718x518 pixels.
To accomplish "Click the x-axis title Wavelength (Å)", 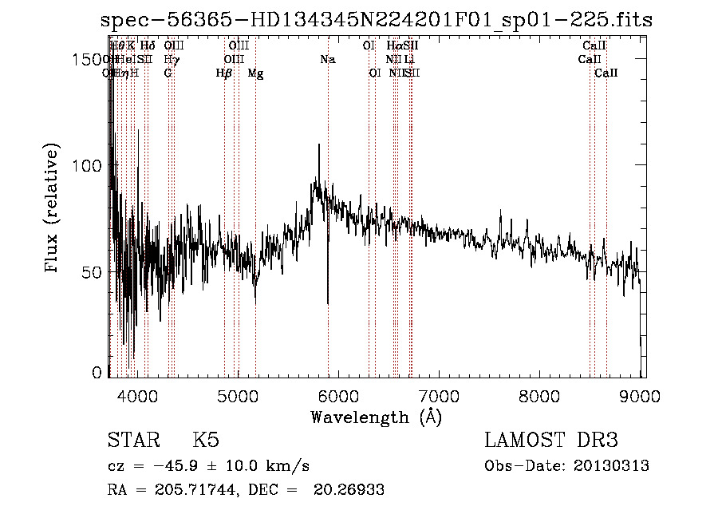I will [375, 417].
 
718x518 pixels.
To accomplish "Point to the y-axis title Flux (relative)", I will [53, 209].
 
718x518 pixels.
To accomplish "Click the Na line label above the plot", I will [328, 59].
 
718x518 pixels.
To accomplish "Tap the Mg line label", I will [255, 73].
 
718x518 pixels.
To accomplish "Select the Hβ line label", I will [224, 73].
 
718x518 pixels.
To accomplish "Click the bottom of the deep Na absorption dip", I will [328, 303].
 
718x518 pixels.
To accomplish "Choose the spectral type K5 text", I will [206, 441].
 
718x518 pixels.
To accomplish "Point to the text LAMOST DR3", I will [550, 441].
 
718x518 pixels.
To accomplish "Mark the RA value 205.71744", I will [191, 490].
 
